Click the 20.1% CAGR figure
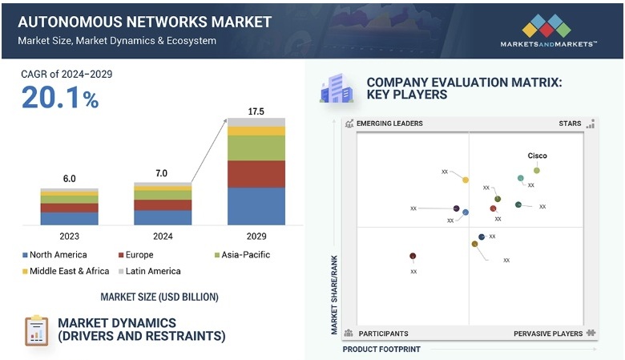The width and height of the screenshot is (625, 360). (x=60, y=98)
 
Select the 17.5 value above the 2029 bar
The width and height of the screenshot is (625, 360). (x=256, y=111)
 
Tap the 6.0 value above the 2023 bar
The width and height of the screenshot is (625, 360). (x=69, y=180)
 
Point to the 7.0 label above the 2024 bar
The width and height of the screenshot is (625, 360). (x=163, y=173)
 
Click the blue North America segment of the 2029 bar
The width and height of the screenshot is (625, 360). (x=256, y=206)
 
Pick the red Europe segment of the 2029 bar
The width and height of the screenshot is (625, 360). (x=256, y=174)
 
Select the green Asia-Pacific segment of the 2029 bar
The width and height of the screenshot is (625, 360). (x=256, y=148)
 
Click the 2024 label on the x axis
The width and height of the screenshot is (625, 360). (x=163, y=237)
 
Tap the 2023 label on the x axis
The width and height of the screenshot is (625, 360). (x=69, y=237)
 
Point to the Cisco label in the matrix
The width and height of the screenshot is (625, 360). (x=537, y=156)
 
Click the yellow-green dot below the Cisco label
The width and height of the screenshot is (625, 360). (x=537, y=170)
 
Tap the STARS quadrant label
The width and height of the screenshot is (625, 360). (x=570, y=123)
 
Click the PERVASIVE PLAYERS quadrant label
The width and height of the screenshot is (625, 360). (x=548, y=333)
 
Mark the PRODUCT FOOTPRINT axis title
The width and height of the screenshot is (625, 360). (x=381, y=350)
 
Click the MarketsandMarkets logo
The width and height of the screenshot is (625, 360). (x=548, y=30)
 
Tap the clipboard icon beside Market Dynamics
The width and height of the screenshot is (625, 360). (x=36, y=330)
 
